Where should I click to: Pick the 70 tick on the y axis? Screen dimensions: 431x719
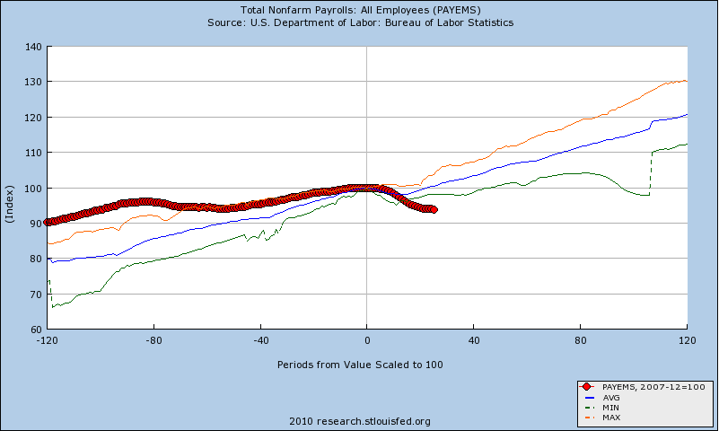pyautogui.click(x=35, y=295)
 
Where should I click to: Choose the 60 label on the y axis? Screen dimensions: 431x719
pyautogui.click(x=35, y=330)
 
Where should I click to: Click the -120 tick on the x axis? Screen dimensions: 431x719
pyautogui.click(x=47, y=341)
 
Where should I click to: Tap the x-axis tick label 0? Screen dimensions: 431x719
pyautogui.click(x=367, y=341)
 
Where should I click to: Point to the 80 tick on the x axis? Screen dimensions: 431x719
pyautogui.click(x=581, y=341)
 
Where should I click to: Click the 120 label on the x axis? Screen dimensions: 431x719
pyautogui.click(x=687, y=341)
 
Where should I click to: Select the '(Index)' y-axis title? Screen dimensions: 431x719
pyautogui.click(x=10, y=188)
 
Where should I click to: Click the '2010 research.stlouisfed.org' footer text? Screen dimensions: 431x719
pyautogui.click(x=360, y=420)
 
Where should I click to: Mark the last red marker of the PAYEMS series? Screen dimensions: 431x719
pyautogui.click(x=434, y=209)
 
